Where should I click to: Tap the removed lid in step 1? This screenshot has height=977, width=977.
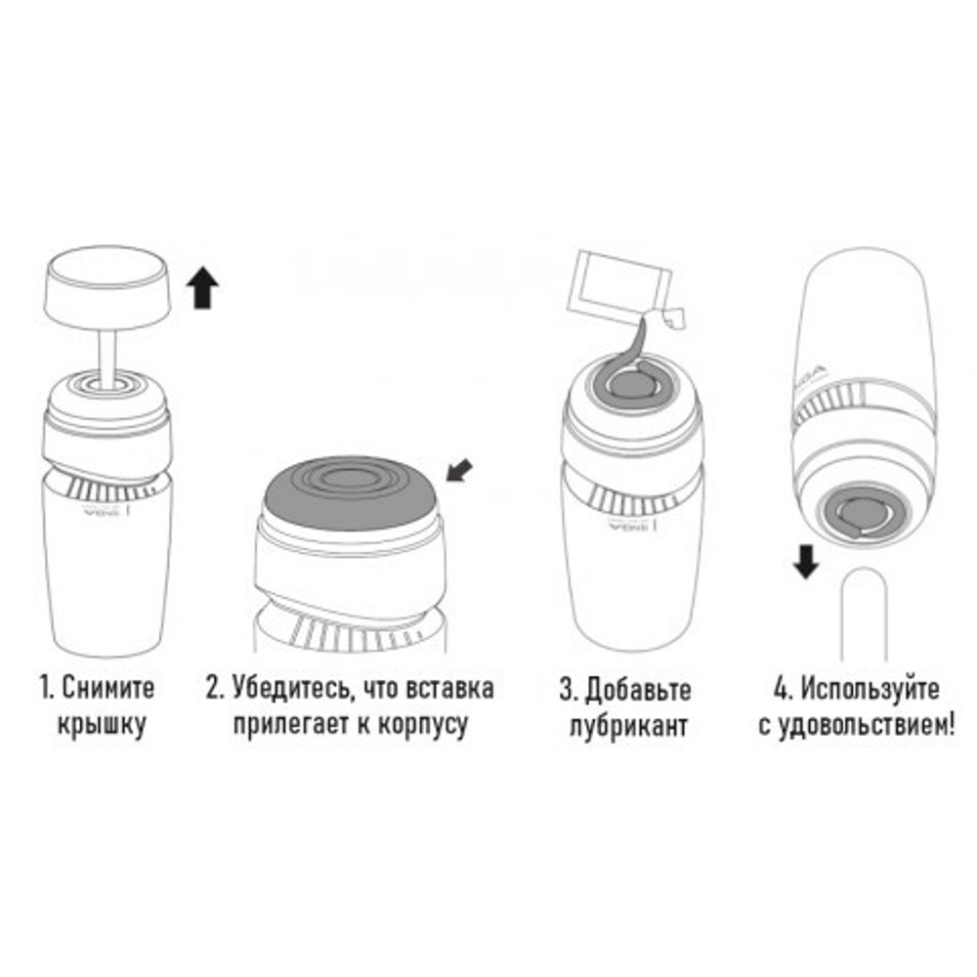108,290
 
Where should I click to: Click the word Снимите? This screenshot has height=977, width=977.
108,686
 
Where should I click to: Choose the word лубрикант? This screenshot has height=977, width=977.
628,727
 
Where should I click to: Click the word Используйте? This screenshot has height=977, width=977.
870,687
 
